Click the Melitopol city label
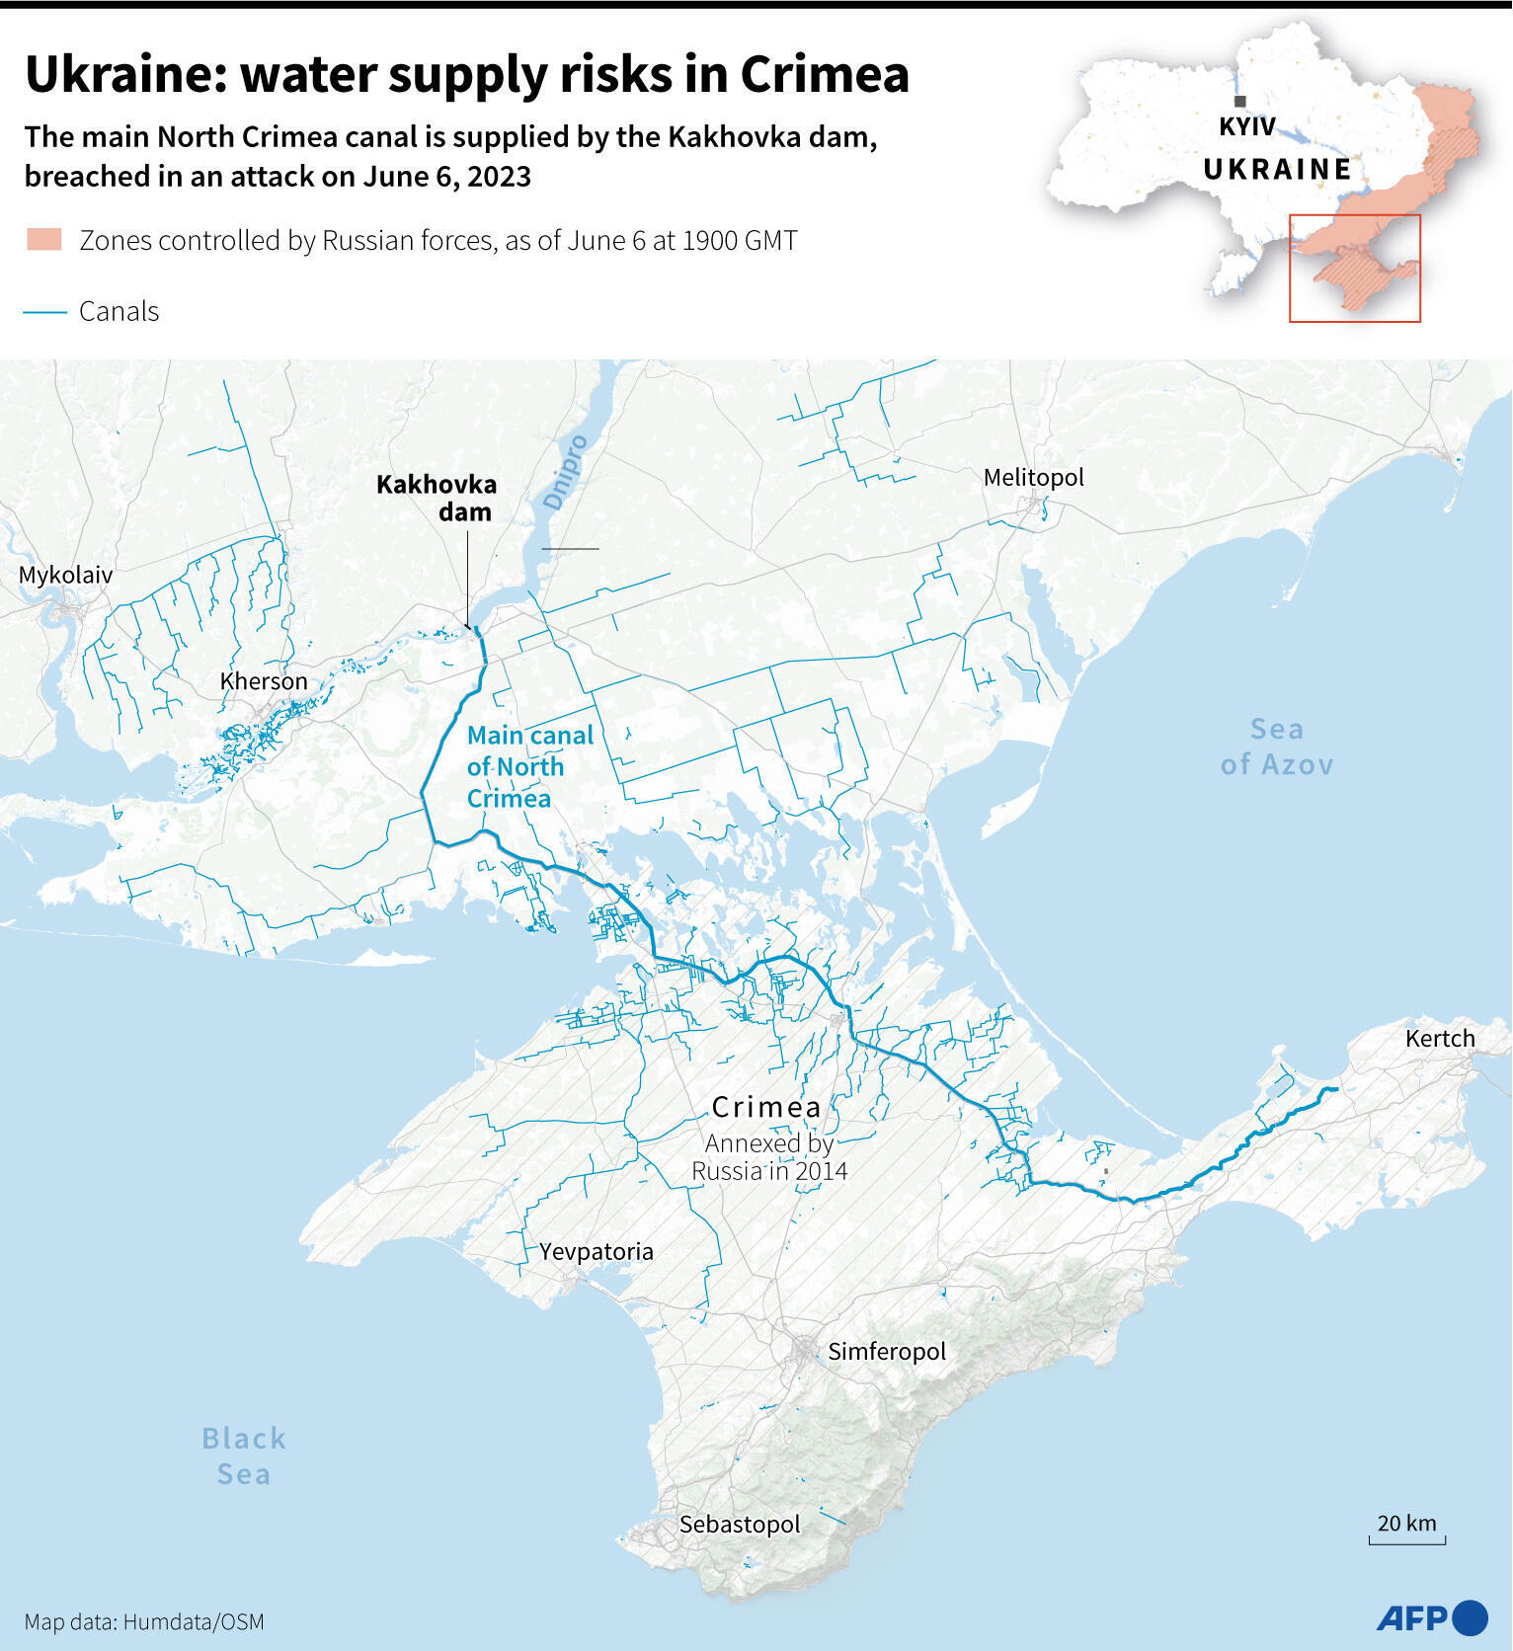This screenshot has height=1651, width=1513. click(1033, 478)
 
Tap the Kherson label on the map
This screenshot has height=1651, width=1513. click(264, 681)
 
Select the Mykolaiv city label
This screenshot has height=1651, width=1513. click(65, 575)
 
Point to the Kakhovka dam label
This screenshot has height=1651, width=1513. click(437, 498)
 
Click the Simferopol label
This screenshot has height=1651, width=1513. click(886, 1351)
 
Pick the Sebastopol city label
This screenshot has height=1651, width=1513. click(740, 1524)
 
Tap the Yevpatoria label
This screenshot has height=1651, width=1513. click(596, 1251)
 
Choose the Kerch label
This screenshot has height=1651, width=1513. click(1439, 1038)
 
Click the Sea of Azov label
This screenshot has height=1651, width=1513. click(1276, 747)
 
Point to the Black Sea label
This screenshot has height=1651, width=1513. click(244, 1455)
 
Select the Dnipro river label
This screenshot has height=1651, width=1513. click(566, 472)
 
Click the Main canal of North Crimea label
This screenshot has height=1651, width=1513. click(529, 766)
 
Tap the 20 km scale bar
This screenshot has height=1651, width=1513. click(1406, 1539)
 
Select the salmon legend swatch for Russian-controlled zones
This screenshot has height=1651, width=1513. click(44, 240)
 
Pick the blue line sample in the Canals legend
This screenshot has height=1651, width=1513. click(44, 312)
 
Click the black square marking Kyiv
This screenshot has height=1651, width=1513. click(1239, 101)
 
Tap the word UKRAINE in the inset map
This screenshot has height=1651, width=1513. click(1276, 170)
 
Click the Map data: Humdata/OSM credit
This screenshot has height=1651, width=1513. click(144, 1621)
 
